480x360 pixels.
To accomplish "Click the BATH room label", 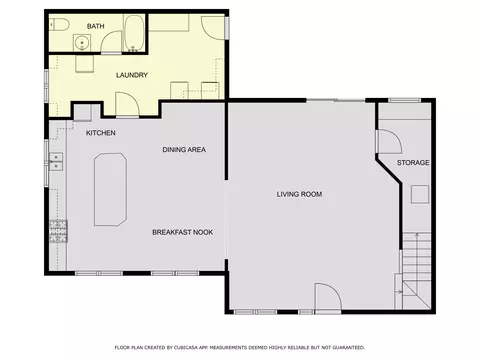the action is [95, 26].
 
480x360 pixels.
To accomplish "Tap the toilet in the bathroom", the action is [59, 25].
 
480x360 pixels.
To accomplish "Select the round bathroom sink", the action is [82, 43].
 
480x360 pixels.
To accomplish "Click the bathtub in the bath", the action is [134, 34].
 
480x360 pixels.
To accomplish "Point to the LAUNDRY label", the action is [132, 75].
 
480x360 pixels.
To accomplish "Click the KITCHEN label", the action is [101, 133].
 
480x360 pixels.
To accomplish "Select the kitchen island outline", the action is [110, 189].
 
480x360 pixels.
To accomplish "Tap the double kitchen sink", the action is [56, 161].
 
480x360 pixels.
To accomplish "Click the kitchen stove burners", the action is [58, 231].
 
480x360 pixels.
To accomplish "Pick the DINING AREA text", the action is [184, 150].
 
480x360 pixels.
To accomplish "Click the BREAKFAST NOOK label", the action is [182, 232].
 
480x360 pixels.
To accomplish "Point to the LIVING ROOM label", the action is [299, 194].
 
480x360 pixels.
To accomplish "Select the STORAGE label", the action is [413, 163].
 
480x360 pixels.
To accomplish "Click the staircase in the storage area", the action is [417, 271].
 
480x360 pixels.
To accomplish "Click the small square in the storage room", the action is [420, 194].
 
